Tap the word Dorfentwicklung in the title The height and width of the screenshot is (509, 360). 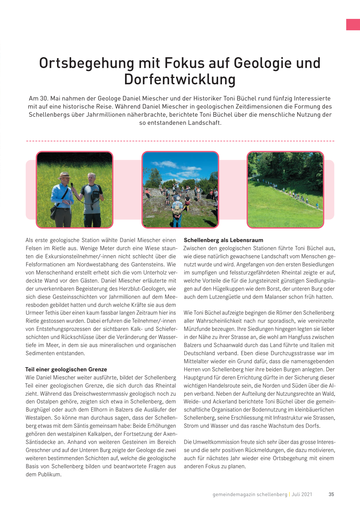coord(180,80)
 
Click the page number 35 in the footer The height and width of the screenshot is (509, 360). coord(331,494)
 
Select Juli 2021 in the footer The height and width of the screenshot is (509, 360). coord(302,494)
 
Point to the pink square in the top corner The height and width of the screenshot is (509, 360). coord(353,25)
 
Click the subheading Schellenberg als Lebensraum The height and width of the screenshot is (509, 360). coord(223,240)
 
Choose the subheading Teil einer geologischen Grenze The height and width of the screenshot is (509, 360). coord(66,370)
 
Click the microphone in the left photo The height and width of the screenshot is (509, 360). coord(72,185)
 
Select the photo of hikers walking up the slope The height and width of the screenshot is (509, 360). coord(285,190)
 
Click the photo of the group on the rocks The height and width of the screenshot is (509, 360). coord(180,190)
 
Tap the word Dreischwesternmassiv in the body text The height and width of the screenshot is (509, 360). coord(99,394)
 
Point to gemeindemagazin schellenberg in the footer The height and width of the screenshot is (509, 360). coord(250,494)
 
